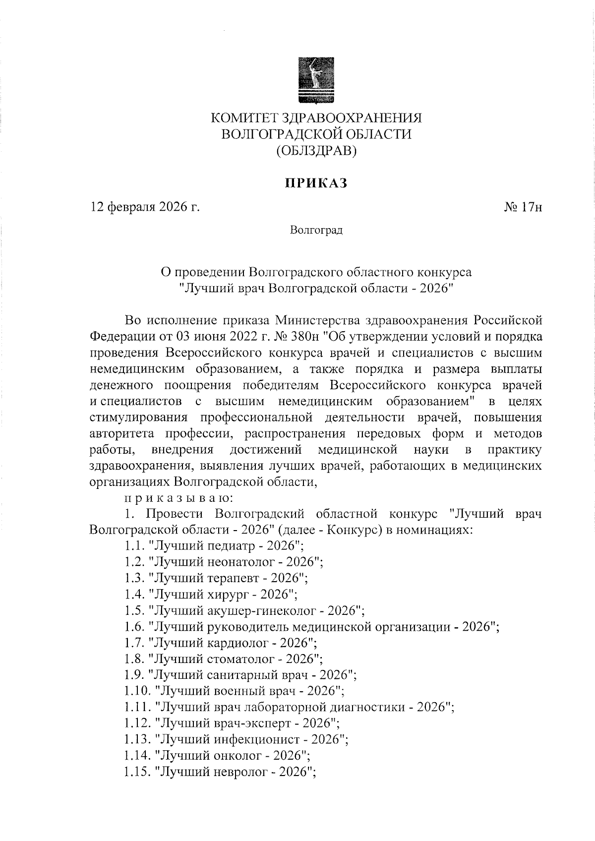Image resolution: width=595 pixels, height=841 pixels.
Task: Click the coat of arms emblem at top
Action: pyautogui.click(x=316, y=81)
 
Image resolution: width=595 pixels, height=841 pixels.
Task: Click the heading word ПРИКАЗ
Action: pyautogui.click(x=316, y=184)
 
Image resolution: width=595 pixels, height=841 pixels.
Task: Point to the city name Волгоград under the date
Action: pyautogui.click(x=316, y=231)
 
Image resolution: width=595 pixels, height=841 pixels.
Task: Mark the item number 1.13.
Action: pyautogui.click(x=136, y=739)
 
